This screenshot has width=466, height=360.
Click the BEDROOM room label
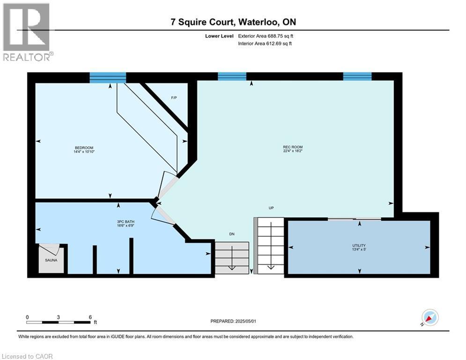[x=84, y=148]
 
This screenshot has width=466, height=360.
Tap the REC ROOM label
[x=293, y=147]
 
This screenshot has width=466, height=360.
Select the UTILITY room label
[x=359, y=246]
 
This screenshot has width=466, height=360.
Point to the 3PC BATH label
[x=126, y=222]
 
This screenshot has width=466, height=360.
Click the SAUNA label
[x=51, y=260]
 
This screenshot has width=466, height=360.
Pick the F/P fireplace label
[x=174, y=97]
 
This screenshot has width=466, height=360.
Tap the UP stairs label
[x=271, y=208]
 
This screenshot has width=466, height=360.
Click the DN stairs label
[x=232, y=234]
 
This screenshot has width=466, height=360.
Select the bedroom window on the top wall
[x=108, y=78]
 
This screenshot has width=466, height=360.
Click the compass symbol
[x=430, y=317]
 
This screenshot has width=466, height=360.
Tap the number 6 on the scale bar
[x=90, y=317]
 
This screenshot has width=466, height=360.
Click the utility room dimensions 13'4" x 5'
[x=359, y=249]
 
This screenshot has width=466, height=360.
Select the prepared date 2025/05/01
[x=245, y=321]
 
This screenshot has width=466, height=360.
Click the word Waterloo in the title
[x=258, y=22]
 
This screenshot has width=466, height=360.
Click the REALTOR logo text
[x=27, y=57]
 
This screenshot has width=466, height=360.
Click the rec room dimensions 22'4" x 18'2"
[x=293, y=151]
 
